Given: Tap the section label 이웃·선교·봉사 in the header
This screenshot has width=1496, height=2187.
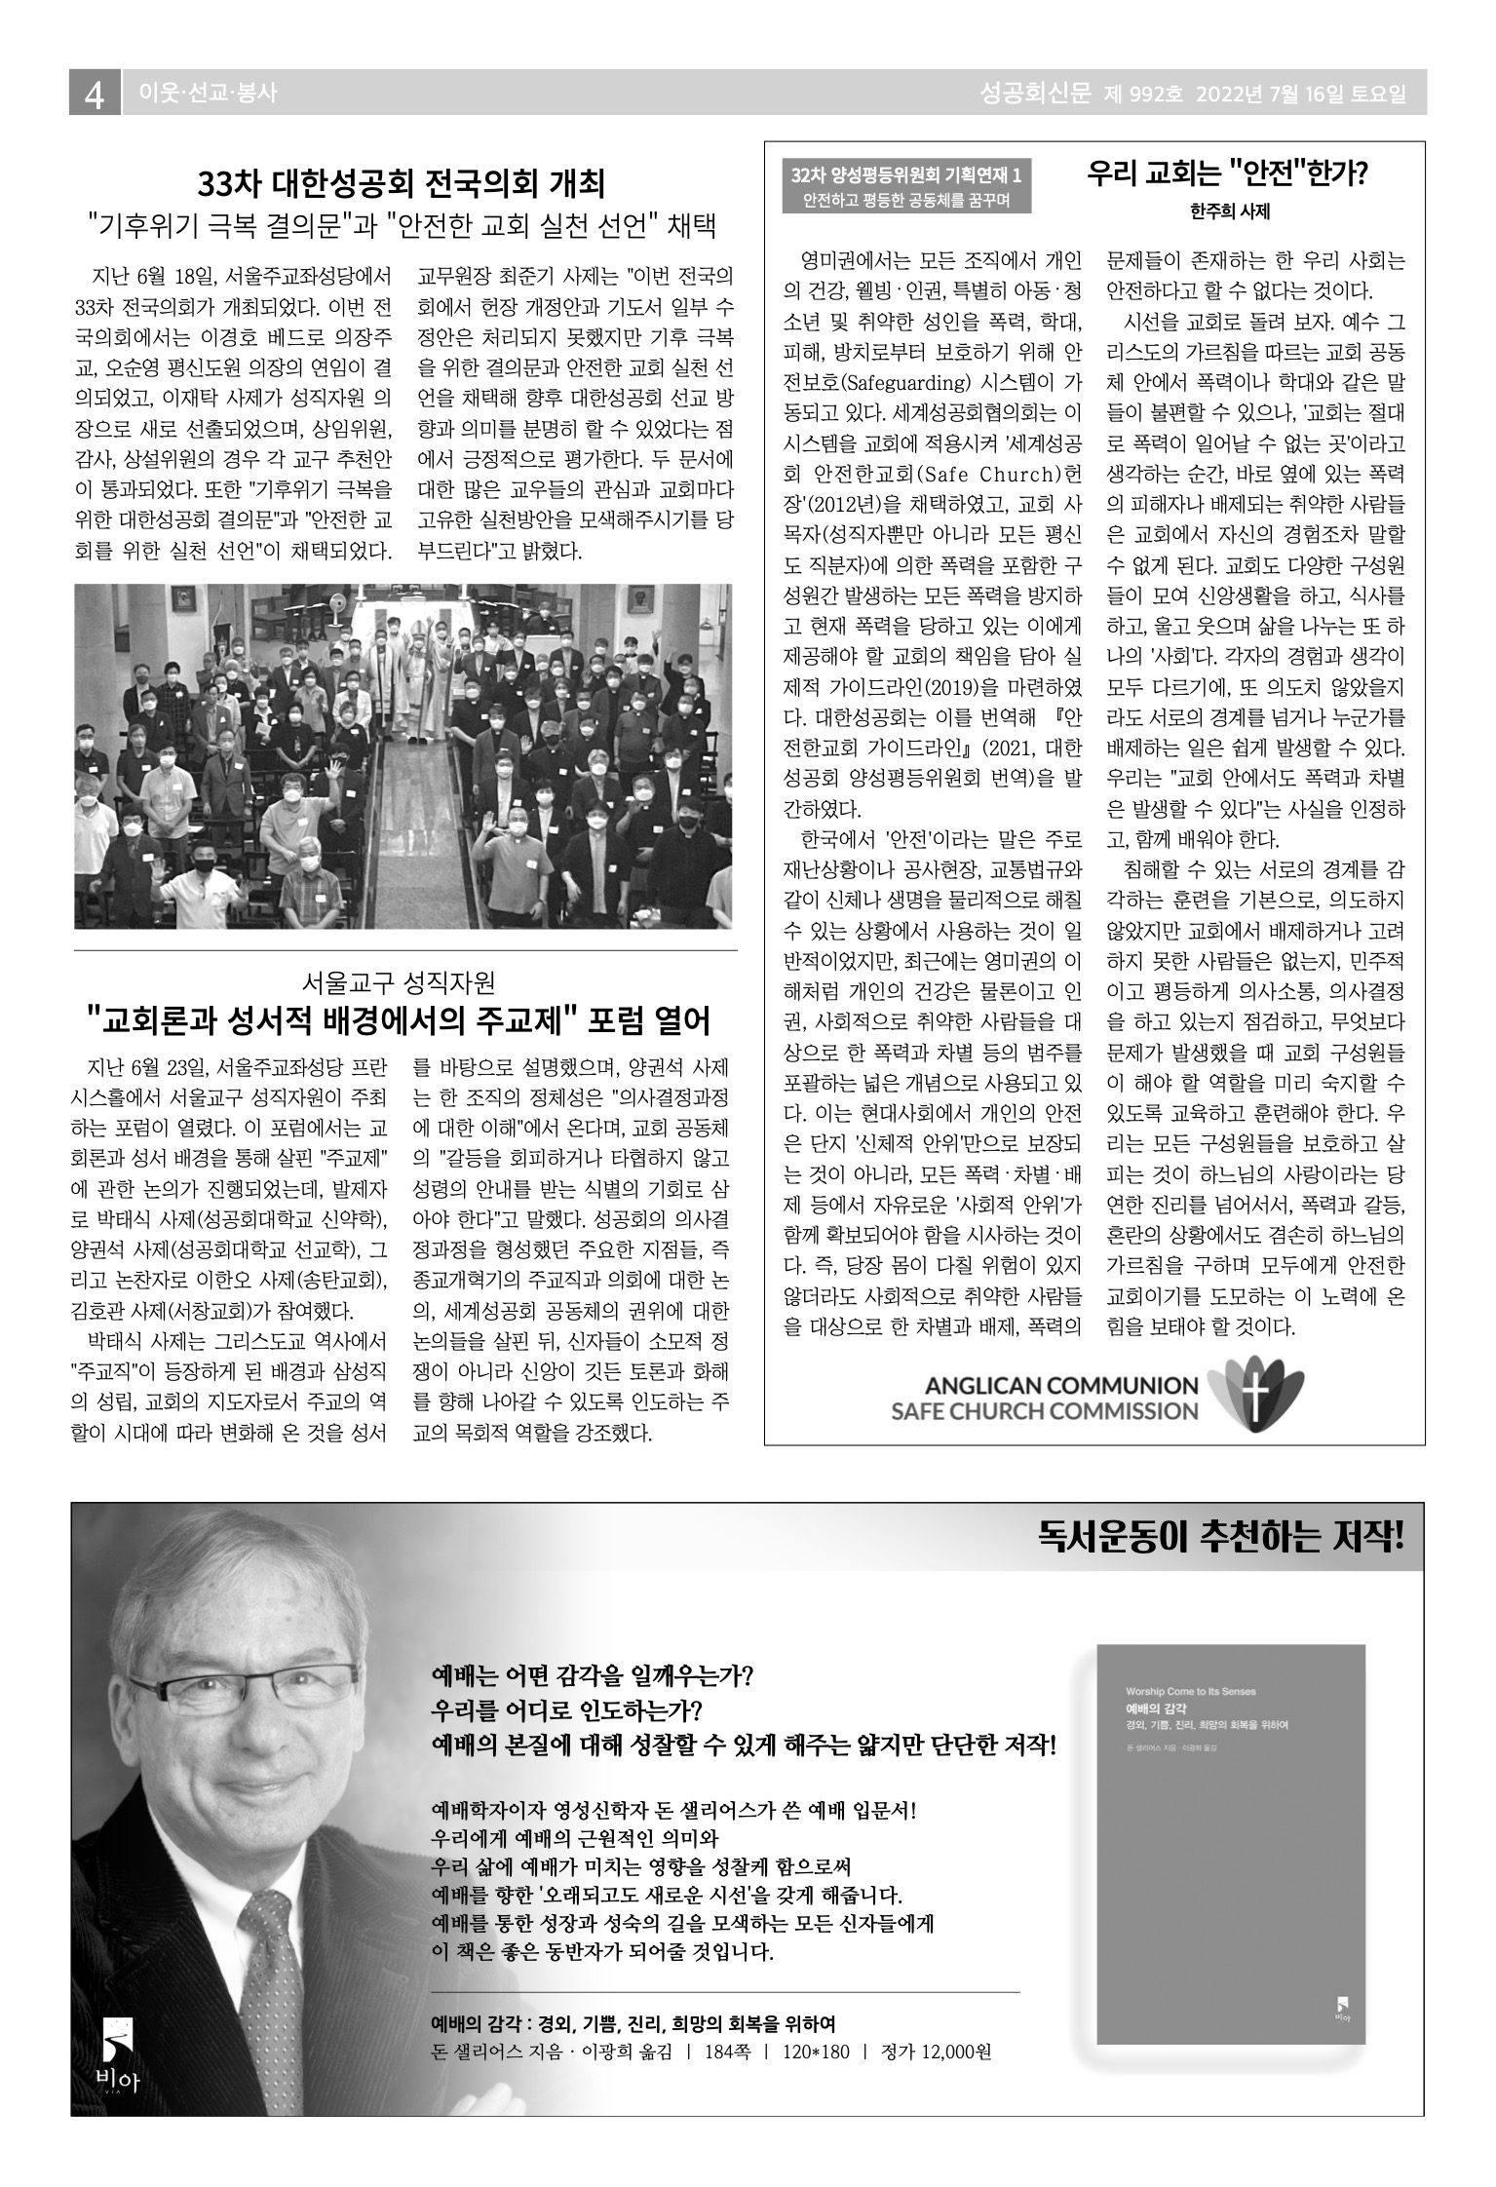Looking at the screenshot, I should pos(209,94).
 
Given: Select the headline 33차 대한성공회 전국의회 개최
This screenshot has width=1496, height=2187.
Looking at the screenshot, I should pos(402,183).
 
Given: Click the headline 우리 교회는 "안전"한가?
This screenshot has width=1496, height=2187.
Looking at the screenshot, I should pos(1228,173).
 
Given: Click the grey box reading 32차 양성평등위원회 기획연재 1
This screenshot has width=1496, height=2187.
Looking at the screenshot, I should pos(906,176).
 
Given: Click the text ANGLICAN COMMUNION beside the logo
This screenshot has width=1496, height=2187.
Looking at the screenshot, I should pos(1060,1385).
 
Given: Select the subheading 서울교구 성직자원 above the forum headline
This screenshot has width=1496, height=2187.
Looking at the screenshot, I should pos(402,981).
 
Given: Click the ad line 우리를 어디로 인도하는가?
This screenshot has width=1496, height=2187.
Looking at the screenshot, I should pos(566,1709).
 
